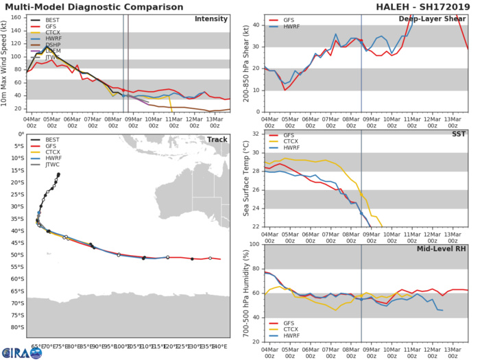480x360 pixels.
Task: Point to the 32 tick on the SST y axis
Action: click(x=256, y=134)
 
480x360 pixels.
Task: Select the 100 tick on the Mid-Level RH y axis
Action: click(x=254, y=244)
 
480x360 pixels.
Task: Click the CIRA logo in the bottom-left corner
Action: click(x=15, y=352)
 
